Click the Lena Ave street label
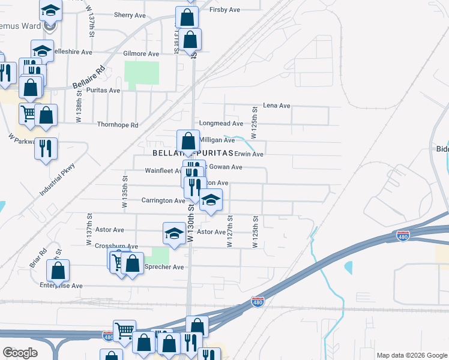point(276,106)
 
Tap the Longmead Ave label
point(221,124)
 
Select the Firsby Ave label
point(225,10)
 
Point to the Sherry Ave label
point(130,14)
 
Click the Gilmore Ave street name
point(141,53)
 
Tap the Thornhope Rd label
point(118,125)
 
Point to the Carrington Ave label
point(163,200)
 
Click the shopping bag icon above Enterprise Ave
point(58,271)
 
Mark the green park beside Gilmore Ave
point(142,73)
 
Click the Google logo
point(20,353)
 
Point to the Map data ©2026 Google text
point(411,355)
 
